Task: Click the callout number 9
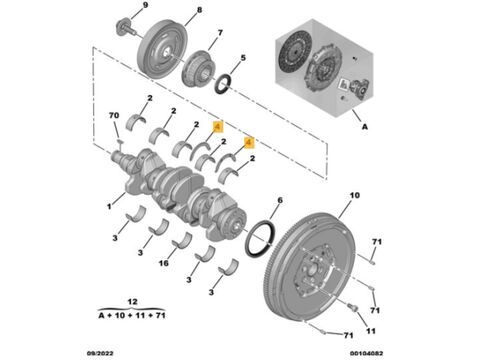(x=145, y=5)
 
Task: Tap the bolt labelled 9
(x=126, y=28)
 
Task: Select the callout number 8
(x=199, y=10)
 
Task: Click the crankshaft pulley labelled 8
(x=163, y=49)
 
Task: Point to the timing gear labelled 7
(x=199, y=68)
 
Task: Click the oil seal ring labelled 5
(x=221, y=85)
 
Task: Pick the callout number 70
(x=114, y=115)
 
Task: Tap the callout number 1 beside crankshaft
(x=109, y=207)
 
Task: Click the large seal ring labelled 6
(x=261, y=238)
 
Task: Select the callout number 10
(x=354, y=195)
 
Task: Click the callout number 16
(x=163, y=263)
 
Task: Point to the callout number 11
(x=371, y=331)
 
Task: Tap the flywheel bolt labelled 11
(x=353, y=307)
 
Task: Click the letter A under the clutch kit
(x=365, y=127)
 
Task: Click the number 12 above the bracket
(x=132, y=302)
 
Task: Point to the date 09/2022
(x=100, y=353)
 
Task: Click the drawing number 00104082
(x=366, y=353)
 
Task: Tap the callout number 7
(x=220, y=33)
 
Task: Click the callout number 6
(x=280, y=200)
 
